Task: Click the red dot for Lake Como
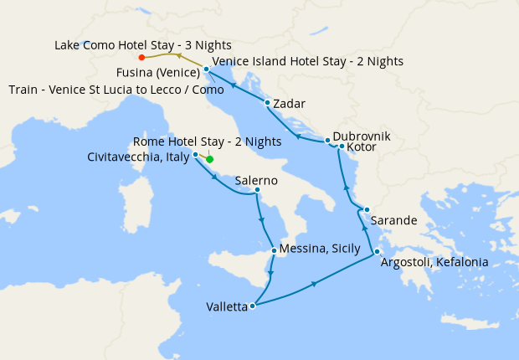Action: coord(141,58)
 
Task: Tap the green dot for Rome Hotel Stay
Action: coord(210,159)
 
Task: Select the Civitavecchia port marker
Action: coord(195,155)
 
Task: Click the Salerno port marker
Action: coord(257,191)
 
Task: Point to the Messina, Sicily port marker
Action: coord(275,250)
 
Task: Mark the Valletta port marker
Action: coord(252,306)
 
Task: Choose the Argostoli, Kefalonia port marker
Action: coord(378,252)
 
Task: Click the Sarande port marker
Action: coord(367,209)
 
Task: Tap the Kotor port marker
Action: coord(342,147)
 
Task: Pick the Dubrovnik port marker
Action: coord(327,141)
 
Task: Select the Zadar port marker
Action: coord(267,104)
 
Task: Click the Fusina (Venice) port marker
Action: coord(206,69)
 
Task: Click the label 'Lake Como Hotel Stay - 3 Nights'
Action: coord(143,44)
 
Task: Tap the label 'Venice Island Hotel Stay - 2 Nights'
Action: coord(307,61)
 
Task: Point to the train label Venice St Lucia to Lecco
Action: coord(116,89)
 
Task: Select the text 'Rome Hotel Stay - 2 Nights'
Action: coord(208,141)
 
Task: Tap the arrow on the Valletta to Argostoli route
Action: coord(314,285)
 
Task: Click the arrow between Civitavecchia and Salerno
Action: coord(217,177)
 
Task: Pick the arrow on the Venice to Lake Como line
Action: coord(176,54)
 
